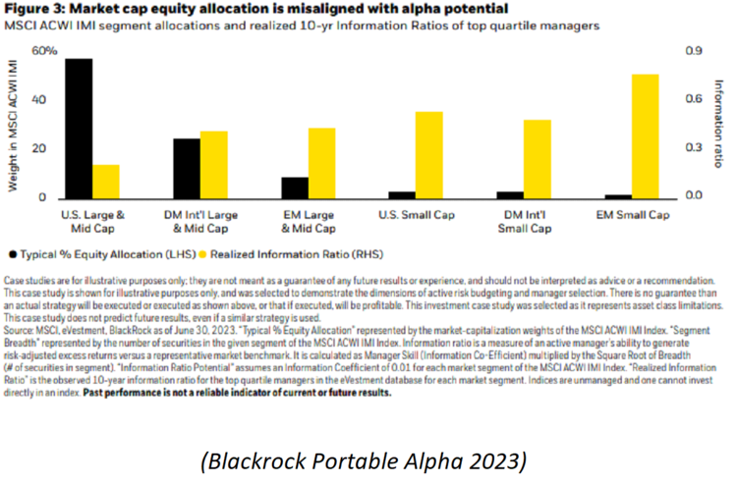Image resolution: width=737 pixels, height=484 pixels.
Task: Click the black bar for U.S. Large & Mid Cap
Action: pyautogui.click(x=79, y=129)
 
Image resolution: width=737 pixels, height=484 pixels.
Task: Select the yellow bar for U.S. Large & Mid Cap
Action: pyautogui.click(x=105, y=182)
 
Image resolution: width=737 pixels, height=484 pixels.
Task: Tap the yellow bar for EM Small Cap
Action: pyautogui.click(x=645, y=136)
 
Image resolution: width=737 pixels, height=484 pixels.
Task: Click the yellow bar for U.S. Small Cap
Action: pyautogui.click(x=401, y=155)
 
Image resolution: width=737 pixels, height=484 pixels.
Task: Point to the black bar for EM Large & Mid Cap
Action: pyautogui.click(x=294, y=188)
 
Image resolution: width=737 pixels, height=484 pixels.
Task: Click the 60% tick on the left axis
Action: pyautogui.click(x=44, y=50)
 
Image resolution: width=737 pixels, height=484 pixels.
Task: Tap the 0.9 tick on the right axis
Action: pyautogui.click(x=693, y=50)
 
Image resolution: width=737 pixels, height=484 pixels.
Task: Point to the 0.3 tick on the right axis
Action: pyautogui.click(x=693, y=148)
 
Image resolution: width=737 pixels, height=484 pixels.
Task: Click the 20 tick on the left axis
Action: pyautogui.click(x=41, y=149)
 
